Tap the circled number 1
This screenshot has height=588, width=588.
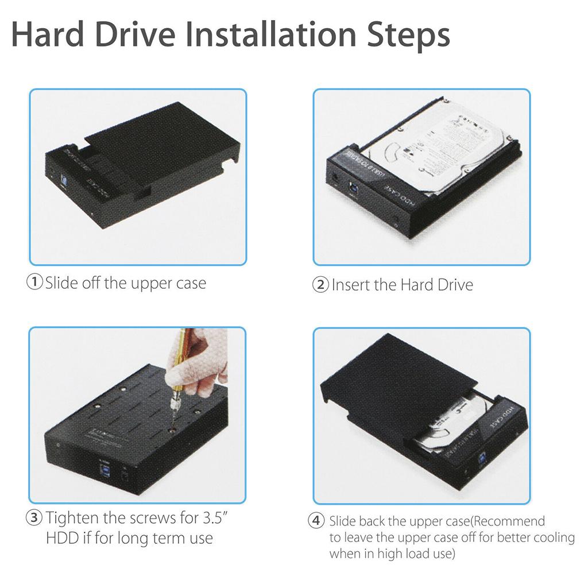coord(36,283)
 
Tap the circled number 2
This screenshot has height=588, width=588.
coord(321,285)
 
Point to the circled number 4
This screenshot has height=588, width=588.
coord(316,521)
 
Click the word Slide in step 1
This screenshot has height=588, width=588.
coord(61,283)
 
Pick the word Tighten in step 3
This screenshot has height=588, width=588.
coord(73,518)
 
